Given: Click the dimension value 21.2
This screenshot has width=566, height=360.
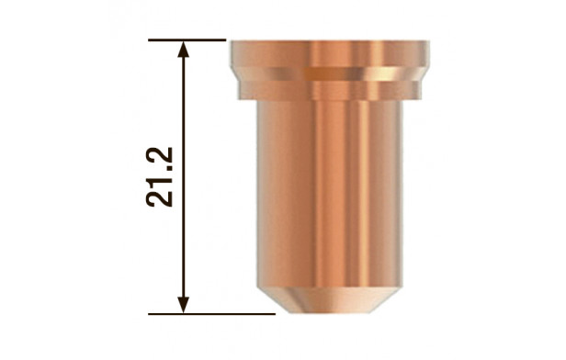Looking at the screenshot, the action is pyautogui.click(x=160, y=176).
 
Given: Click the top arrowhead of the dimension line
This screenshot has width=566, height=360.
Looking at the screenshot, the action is pyautogui.click(x=184, y=49).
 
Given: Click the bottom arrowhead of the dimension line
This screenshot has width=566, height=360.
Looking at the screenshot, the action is pyautogui.click(x=184, y=305).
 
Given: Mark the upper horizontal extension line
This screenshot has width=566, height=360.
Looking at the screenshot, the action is pyautogui.click(x=187, y=40).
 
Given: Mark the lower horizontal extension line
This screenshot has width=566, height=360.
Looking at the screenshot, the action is pyautogui.click(x=212, y=314).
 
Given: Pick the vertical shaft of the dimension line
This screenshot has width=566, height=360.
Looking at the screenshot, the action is pyautogui.click(x=184, y=177).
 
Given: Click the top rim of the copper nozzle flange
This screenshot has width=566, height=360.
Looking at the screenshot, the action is pyautogui.click(x=330, y=42).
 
